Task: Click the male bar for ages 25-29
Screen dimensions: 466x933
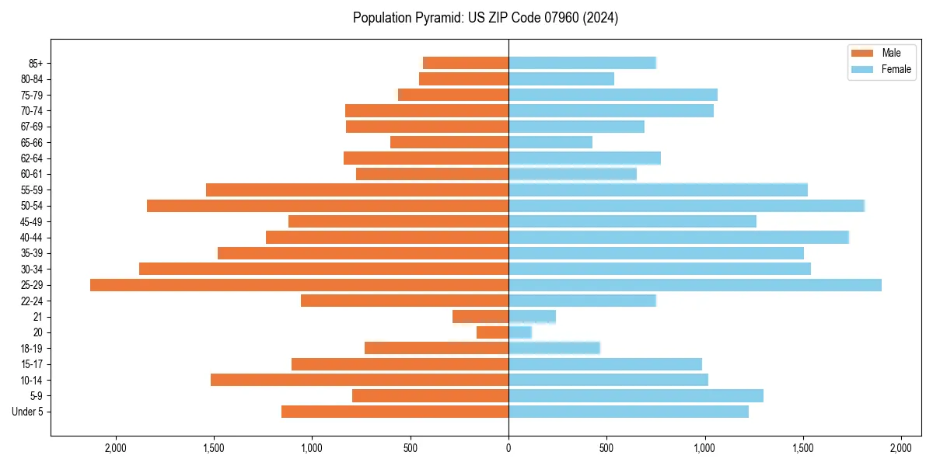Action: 299,285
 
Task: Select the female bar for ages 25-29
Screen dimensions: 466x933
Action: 695,285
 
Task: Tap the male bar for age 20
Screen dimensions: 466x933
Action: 493,332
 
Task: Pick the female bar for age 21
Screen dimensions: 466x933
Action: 533,317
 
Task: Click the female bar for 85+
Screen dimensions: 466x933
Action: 582,63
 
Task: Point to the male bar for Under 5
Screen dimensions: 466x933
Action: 395,412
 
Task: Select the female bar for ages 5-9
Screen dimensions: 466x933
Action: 636,396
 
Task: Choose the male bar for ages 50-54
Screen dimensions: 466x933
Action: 327,206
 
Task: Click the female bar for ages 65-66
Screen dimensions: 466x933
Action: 550,142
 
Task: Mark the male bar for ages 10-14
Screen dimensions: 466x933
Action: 359,380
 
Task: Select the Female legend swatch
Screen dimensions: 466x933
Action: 863,69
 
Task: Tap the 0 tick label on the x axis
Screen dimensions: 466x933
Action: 508,449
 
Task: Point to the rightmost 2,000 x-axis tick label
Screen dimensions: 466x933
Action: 900,449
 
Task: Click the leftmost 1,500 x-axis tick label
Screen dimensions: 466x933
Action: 214,449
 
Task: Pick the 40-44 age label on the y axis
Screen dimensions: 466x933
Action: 32,238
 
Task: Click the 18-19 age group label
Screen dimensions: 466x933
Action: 32,349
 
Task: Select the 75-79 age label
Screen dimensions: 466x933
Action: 32,95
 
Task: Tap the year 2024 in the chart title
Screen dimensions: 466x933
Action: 603,18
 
